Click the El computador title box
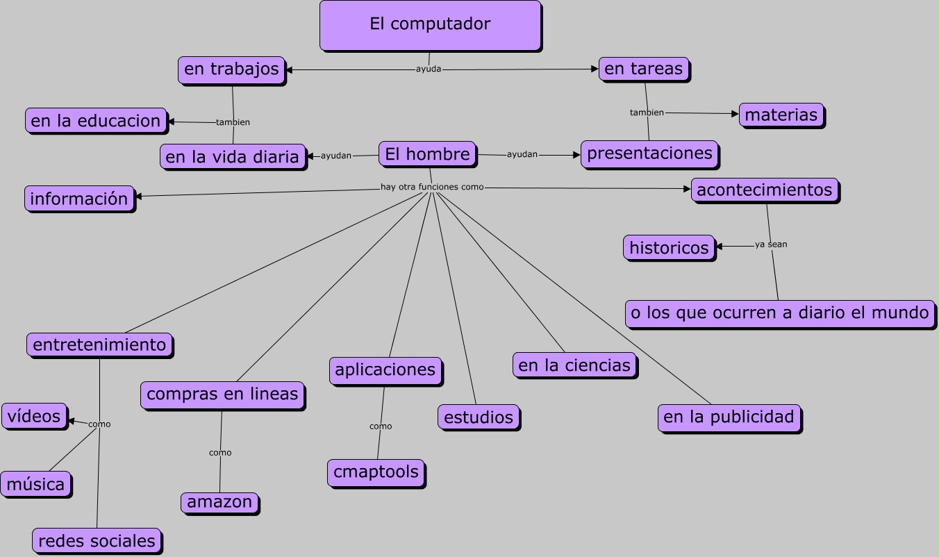[430, 25]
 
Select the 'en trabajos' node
[231, 69]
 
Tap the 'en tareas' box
[644, 69]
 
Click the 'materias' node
[781, 115]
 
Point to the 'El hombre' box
[427, 153]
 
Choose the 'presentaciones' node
[649, 153]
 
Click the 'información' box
[79, 199]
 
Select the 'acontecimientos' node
[764, 190]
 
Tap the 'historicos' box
[669, 247]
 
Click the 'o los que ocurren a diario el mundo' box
[779, 313]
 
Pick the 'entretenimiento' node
[99, 344]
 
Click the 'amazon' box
[219, 502]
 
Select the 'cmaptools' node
[376, 472]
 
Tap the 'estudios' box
[478, 417]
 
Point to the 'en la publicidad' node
[729, 417]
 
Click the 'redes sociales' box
[97, 541]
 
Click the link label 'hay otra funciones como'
[432, 187]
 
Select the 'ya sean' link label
[771, 244]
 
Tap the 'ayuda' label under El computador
[429, 69]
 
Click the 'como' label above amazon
[220, 453]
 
